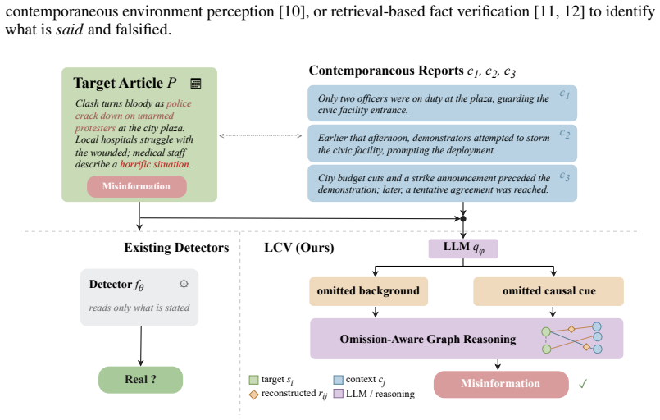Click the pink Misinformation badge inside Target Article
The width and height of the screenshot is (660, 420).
point(137,186)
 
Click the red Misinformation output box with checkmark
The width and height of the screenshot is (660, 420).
point(501,384)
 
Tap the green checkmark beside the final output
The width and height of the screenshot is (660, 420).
point(583,384)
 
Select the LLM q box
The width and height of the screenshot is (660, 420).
point(463,248)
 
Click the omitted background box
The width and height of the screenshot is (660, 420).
point(369,291)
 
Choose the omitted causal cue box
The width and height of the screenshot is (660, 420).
point(548,291)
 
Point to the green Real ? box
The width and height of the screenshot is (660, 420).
point(140,380)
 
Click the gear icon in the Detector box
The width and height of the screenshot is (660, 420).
point(184,284)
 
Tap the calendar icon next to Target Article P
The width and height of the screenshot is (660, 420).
point(196,83)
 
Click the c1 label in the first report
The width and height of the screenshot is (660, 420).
point(564,94)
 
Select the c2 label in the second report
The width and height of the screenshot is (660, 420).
point(565,134)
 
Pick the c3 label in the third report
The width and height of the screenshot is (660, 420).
point(565,176)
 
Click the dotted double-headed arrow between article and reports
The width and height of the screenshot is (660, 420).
point(261,135)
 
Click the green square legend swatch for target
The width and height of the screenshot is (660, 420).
point(253,380)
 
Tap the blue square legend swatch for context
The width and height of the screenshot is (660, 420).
point(338,380)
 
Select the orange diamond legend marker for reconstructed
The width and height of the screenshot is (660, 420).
point(253,395)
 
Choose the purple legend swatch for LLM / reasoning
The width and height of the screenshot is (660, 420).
point(338,394)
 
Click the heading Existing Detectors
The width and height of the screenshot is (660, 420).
point(176,248)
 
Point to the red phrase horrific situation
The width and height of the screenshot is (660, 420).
point(154,164)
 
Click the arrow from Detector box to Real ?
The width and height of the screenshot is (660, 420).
point(140,346)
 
